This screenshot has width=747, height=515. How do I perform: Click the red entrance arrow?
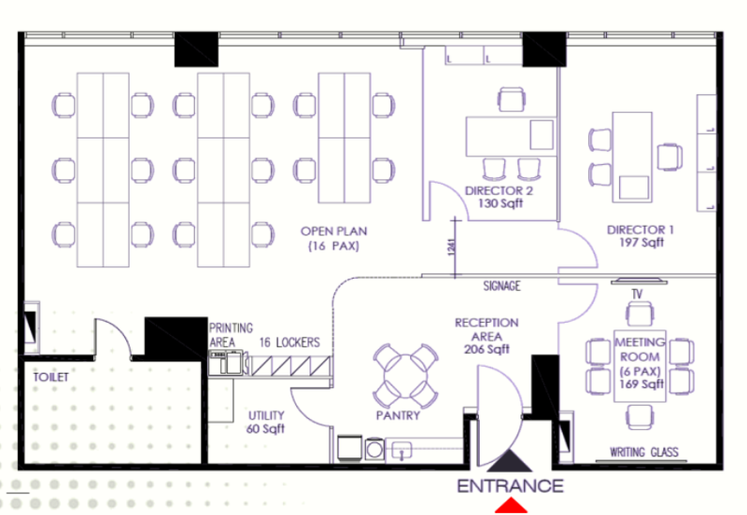click(x=511, y=506)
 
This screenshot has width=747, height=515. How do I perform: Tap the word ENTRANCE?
click(x=510, y=486)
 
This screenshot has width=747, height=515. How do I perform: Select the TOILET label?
click(x=51, y=378)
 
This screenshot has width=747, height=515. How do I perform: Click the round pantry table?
click(x=405, y=376)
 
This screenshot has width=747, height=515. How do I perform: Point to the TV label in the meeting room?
click(x=637, y=294)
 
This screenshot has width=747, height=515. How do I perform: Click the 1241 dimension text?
click(x=452, y=247)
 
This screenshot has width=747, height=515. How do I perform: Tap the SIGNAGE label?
click(x=501, y=286)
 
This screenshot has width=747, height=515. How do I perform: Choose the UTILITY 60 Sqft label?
click(x=266, y=423)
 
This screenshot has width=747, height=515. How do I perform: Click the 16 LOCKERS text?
click(x=289, y=342)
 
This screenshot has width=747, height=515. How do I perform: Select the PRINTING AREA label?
click(x=231, y=335)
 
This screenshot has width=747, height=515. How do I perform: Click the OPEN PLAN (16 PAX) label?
click(x=334, y=239)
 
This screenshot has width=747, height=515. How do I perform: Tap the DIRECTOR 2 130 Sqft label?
click(x=500, y=197)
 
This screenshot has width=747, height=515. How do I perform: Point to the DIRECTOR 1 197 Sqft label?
click(x=641, y=236)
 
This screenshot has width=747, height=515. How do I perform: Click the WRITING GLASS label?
click(x=644, y=452)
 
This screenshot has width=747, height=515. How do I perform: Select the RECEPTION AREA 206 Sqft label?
click(x=486, y=336)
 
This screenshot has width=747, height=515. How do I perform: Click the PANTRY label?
click(x=399, y=415)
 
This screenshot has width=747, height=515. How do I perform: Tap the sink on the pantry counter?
click(x=402, y=450)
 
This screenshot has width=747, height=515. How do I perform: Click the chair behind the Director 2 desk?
click(x=512, y=100)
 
